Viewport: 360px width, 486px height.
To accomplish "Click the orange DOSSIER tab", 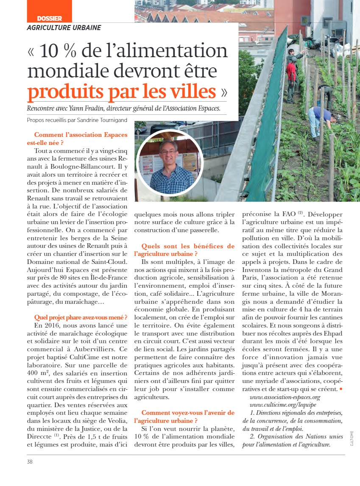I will click(x=49, y=18).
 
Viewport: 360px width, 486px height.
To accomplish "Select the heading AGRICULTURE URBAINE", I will click(x=64, y=28).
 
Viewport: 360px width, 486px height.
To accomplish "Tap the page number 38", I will click(x=30, y=461).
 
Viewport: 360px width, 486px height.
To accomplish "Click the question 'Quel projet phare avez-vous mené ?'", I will click(x=81, y=317).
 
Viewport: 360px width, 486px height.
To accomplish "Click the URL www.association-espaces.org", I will click(x=285, y=397).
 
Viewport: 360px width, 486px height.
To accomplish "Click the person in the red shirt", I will click(x=291, y=73).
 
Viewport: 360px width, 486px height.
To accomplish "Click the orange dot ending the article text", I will click(x=341, y=389).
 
